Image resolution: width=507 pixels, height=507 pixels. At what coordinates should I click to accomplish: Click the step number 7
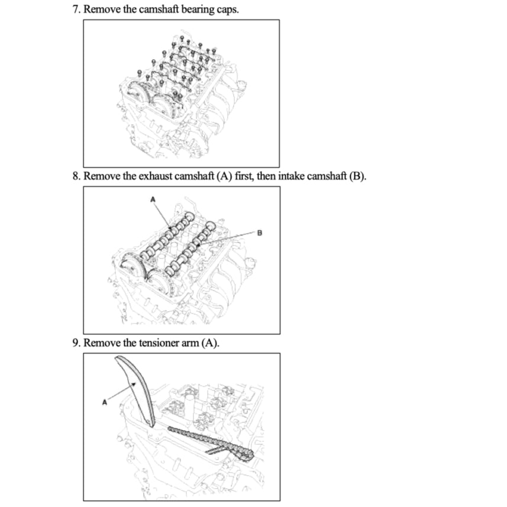tap(76, 10)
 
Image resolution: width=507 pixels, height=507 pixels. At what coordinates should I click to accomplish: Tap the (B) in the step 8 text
tap(356, 177)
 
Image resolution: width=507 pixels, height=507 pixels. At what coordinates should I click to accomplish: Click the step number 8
tap(76, 177)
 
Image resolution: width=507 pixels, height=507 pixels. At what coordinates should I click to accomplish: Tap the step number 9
tap(76, 344)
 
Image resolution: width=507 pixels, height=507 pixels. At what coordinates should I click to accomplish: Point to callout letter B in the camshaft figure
tap(259, 232)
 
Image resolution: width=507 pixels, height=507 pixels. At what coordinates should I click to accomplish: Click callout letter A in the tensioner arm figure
tap(104, 402)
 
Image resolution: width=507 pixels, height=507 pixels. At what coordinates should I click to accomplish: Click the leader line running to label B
tap(231, 238)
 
